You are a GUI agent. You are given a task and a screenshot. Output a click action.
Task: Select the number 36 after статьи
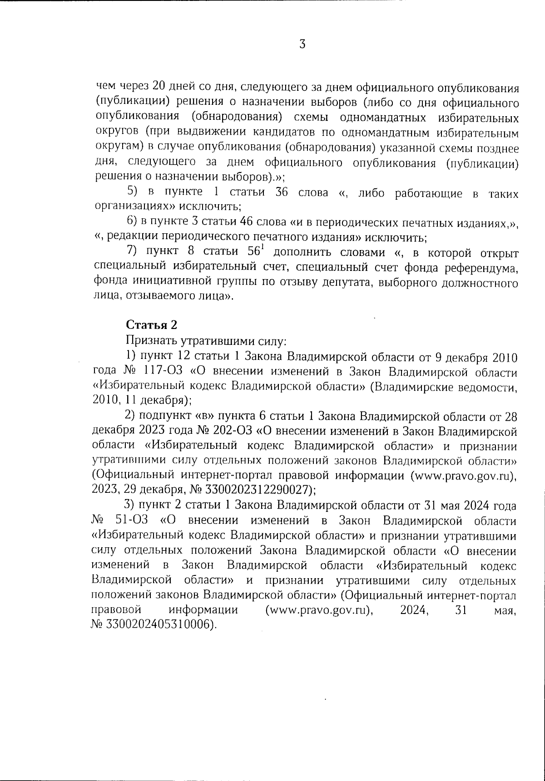pos(282,192)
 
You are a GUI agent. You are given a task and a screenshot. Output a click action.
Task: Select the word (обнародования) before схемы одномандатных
pos(234,117)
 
